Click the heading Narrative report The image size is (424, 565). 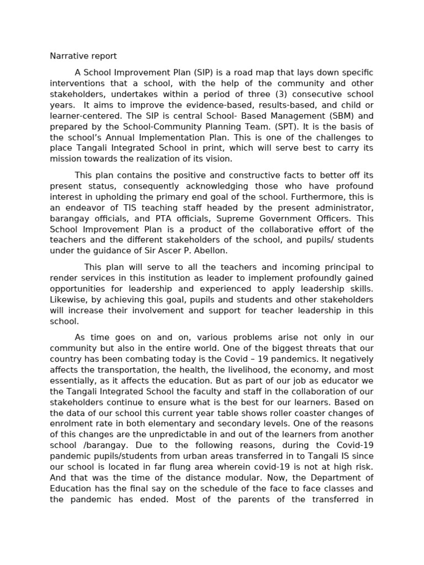tap(83, 56)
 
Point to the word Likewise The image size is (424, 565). tap(67, 300)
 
